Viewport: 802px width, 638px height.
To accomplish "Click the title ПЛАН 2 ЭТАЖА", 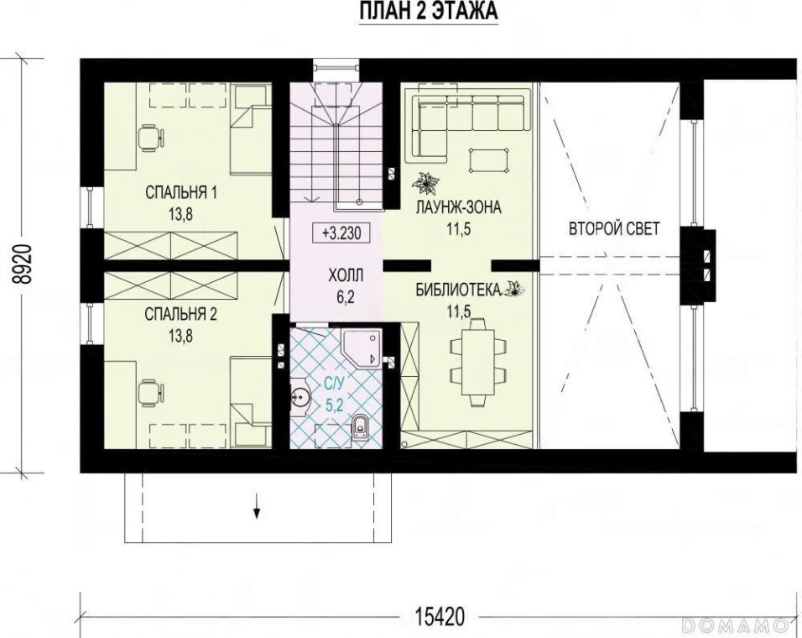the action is coord(428,11).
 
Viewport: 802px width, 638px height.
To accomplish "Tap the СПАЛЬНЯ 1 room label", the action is coord(181,193).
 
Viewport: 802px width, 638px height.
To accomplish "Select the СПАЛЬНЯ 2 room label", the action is coord(180,314).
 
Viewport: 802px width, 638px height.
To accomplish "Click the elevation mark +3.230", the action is coord(342,233).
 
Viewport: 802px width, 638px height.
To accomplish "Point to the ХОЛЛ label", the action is coord(346,276).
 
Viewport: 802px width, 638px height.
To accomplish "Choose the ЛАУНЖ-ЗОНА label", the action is coord(458,207).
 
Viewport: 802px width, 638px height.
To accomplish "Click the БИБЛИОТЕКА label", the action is coord(457,290).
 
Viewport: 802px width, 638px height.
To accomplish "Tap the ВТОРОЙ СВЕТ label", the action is coord(614,228).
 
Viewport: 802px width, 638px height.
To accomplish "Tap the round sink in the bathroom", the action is coord(299,395).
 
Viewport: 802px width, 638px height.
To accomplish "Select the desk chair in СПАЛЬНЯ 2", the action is coord(150,393).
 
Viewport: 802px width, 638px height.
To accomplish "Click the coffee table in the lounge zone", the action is coord(489,159).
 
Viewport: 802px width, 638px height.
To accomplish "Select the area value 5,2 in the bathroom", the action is coord(335,405).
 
